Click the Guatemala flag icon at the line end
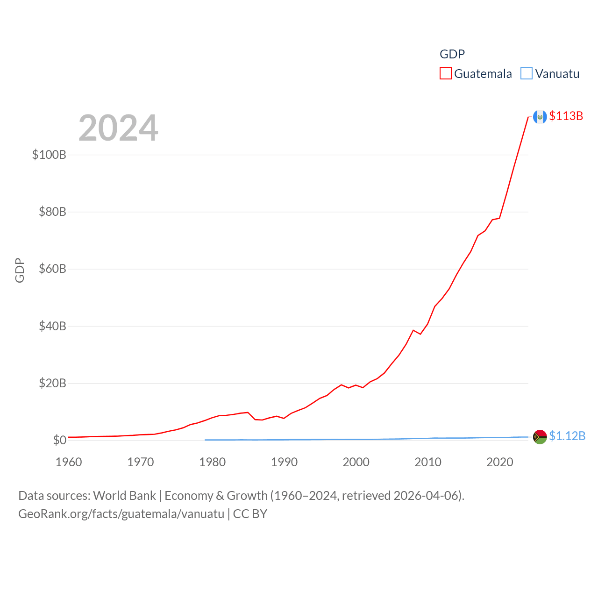click(540, 117)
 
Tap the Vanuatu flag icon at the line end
click(540, 437)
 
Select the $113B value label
click(566, 116)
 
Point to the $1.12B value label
click(567, 436)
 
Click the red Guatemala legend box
click(446, 74)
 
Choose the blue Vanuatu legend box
click(527, 74)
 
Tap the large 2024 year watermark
click(118, 128)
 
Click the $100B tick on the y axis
click(49, 155)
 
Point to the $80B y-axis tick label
click(52, 212)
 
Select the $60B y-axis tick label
click(52, 269)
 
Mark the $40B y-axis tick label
click(52, 326)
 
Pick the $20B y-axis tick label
click(52, 384)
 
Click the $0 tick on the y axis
click(59, 440)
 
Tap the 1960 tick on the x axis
click(69, 462)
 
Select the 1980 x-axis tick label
click(212, 462)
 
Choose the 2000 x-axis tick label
click(356, 462)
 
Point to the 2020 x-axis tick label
click(500, 462)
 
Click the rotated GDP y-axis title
click(20, 270)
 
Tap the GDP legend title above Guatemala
click(452, 54)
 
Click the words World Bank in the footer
click(125, 496)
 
